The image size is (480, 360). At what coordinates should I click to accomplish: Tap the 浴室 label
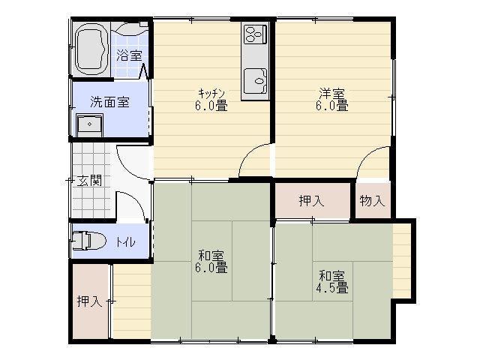130,55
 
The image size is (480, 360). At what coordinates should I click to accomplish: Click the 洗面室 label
109,102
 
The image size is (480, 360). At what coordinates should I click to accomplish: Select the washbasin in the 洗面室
89,124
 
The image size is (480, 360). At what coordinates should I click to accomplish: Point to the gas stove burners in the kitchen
255,33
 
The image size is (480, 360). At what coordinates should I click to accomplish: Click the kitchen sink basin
255,80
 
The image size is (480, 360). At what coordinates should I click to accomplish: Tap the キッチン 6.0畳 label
211,100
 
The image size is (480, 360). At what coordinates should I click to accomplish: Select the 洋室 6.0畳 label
332,100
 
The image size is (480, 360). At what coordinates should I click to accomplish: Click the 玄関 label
88,180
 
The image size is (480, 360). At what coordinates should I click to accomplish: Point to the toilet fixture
88,240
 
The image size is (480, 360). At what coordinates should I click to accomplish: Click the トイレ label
125,242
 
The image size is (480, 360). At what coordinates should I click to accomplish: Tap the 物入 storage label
372,201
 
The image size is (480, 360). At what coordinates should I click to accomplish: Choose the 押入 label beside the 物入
311,201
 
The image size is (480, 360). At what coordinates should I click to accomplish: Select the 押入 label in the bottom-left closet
89,301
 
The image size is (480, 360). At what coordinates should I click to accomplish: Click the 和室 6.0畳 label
211,261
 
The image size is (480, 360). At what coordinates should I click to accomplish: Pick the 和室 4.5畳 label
332,282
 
